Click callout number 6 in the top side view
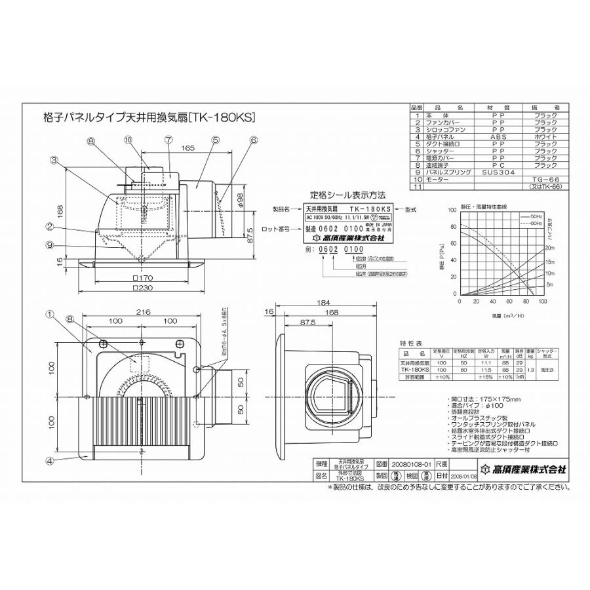click(x=254, y=140)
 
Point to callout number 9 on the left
click(x=49, y=246)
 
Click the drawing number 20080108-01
click(x=395, y=462)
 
